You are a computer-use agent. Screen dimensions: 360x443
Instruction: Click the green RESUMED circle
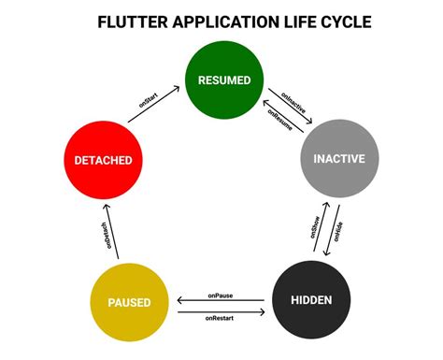point(223,80)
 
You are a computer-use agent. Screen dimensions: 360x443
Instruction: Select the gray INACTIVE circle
point(337,159)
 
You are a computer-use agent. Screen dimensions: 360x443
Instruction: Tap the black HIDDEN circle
point(310,299)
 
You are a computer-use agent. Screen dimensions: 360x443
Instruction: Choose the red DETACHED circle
point(103,160)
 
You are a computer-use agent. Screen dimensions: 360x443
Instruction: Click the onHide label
point(337,234)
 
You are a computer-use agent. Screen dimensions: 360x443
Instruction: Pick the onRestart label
point(221,318)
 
